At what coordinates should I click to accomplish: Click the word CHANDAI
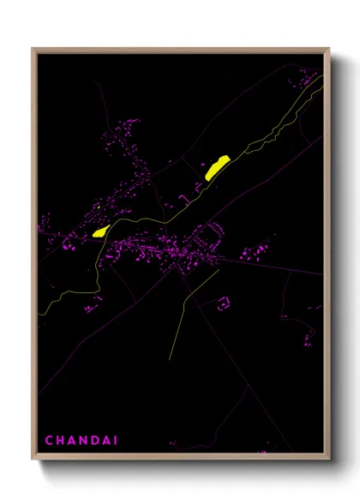(x=81, y=441)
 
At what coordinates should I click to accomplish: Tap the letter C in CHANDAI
(x=49, y=441)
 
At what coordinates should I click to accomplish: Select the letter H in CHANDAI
(x=60, y=441)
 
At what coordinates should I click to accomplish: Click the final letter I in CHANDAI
(x=115, y=441)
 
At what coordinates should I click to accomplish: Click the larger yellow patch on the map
(x=217, y=166)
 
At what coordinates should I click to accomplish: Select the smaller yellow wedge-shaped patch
(x=99, y=231)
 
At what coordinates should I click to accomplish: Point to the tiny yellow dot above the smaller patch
(x=99, y=206)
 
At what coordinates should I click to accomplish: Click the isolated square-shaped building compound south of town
(x=224, y=303)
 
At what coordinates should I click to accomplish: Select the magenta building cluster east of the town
(x=254, y=254)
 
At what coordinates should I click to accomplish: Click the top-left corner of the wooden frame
(x=33, y=49)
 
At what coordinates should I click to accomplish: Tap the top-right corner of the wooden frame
(x=329, y=49)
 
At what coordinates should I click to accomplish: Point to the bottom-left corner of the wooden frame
(x=33, y=459)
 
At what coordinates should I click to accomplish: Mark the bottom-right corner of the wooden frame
(x=329, y=459)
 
